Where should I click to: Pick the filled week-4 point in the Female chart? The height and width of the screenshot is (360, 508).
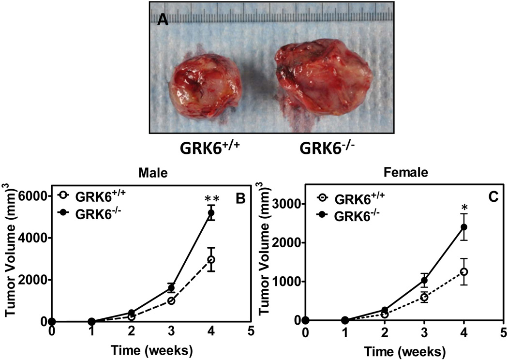464,227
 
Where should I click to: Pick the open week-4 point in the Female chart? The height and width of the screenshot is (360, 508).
464,272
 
